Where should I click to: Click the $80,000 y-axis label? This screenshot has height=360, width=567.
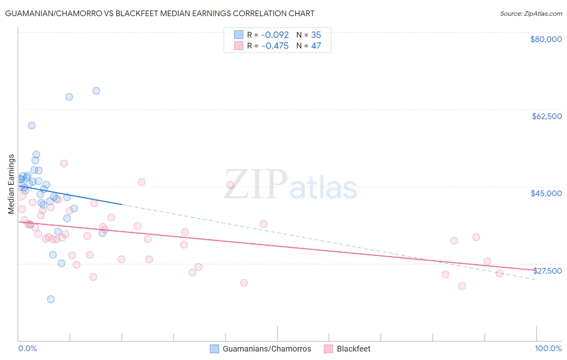(x=546, y=39)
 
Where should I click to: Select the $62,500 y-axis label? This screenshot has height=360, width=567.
(x=546, y=116)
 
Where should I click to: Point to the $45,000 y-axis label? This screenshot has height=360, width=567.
(x=546, y=193)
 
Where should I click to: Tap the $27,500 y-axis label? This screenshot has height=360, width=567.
(x=547, y=271)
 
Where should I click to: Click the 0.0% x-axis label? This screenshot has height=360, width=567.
(x=27, y=348)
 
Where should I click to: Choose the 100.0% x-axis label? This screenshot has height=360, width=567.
(x=548, y=348)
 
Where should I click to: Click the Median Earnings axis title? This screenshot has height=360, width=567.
(x=11, y=184)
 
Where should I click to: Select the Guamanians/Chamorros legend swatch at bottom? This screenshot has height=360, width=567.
(x=215, y=349)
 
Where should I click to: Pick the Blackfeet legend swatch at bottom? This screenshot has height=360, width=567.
(x=329, y=349)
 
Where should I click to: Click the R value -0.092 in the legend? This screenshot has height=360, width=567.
(x=275, y=35)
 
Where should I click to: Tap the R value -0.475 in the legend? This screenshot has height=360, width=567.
(x=275, y=46)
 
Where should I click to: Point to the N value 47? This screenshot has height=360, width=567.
(x=316, y=46)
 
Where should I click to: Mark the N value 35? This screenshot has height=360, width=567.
(x=316, y=35)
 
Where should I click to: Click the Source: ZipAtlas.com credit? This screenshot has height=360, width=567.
(x=531, y=14)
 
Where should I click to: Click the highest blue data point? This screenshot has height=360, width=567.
(x=96, y=91)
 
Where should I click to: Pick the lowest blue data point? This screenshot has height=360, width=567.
(x=51, y=299)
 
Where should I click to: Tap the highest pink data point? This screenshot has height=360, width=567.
(x=64, y=163)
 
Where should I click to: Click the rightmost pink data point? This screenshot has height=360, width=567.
(x=499, y=273)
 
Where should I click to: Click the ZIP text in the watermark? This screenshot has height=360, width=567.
(x=256, y=184)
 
